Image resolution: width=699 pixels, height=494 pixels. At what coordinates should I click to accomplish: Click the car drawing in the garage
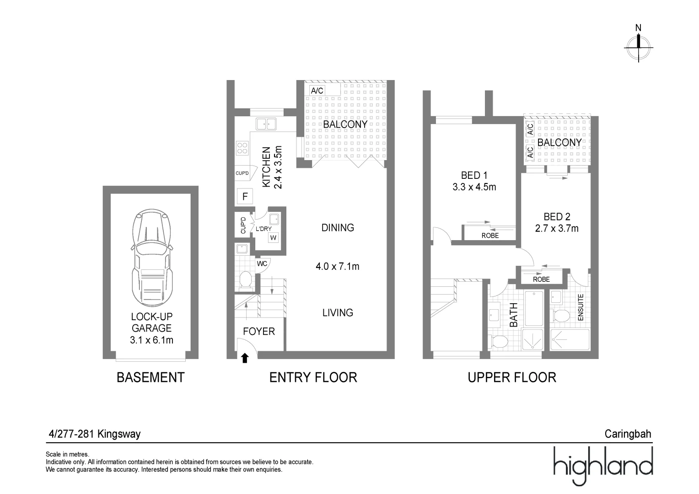[152, 258]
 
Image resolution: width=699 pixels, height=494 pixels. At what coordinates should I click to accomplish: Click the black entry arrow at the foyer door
[245, 358]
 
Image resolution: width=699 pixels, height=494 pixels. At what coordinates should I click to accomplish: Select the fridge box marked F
[245, 196]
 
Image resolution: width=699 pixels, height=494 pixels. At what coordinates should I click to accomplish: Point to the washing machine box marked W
[274, 237]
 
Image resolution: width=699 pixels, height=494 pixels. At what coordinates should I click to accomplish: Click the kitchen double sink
[266, 124]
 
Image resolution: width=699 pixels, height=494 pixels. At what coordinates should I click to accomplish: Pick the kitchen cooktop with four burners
[242, 148]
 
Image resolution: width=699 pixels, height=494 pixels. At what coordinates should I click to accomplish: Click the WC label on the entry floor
[262, 264]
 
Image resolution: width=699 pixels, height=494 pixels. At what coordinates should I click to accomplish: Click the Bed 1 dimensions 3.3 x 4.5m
[474, 187]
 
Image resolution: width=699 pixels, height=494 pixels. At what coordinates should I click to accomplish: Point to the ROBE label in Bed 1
[490, 236]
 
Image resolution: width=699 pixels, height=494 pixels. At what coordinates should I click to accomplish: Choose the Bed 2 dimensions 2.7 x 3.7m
[557, 228]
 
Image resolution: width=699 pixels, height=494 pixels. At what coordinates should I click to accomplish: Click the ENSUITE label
[581, 307]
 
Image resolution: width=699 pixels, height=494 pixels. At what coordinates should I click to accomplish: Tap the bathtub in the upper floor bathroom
[534, 309]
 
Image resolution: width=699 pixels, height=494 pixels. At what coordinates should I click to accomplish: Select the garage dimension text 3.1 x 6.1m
[152, 340]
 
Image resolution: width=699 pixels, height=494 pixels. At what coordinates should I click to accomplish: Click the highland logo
[603, 466]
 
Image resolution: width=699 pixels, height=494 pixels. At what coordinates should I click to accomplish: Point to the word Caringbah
[628, 434]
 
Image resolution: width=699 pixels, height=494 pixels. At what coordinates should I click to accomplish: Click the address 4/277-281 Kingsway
[95, 434]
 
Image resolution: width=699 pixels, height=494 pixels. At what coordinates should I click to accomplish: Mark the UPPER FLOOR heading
[512, 378]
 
